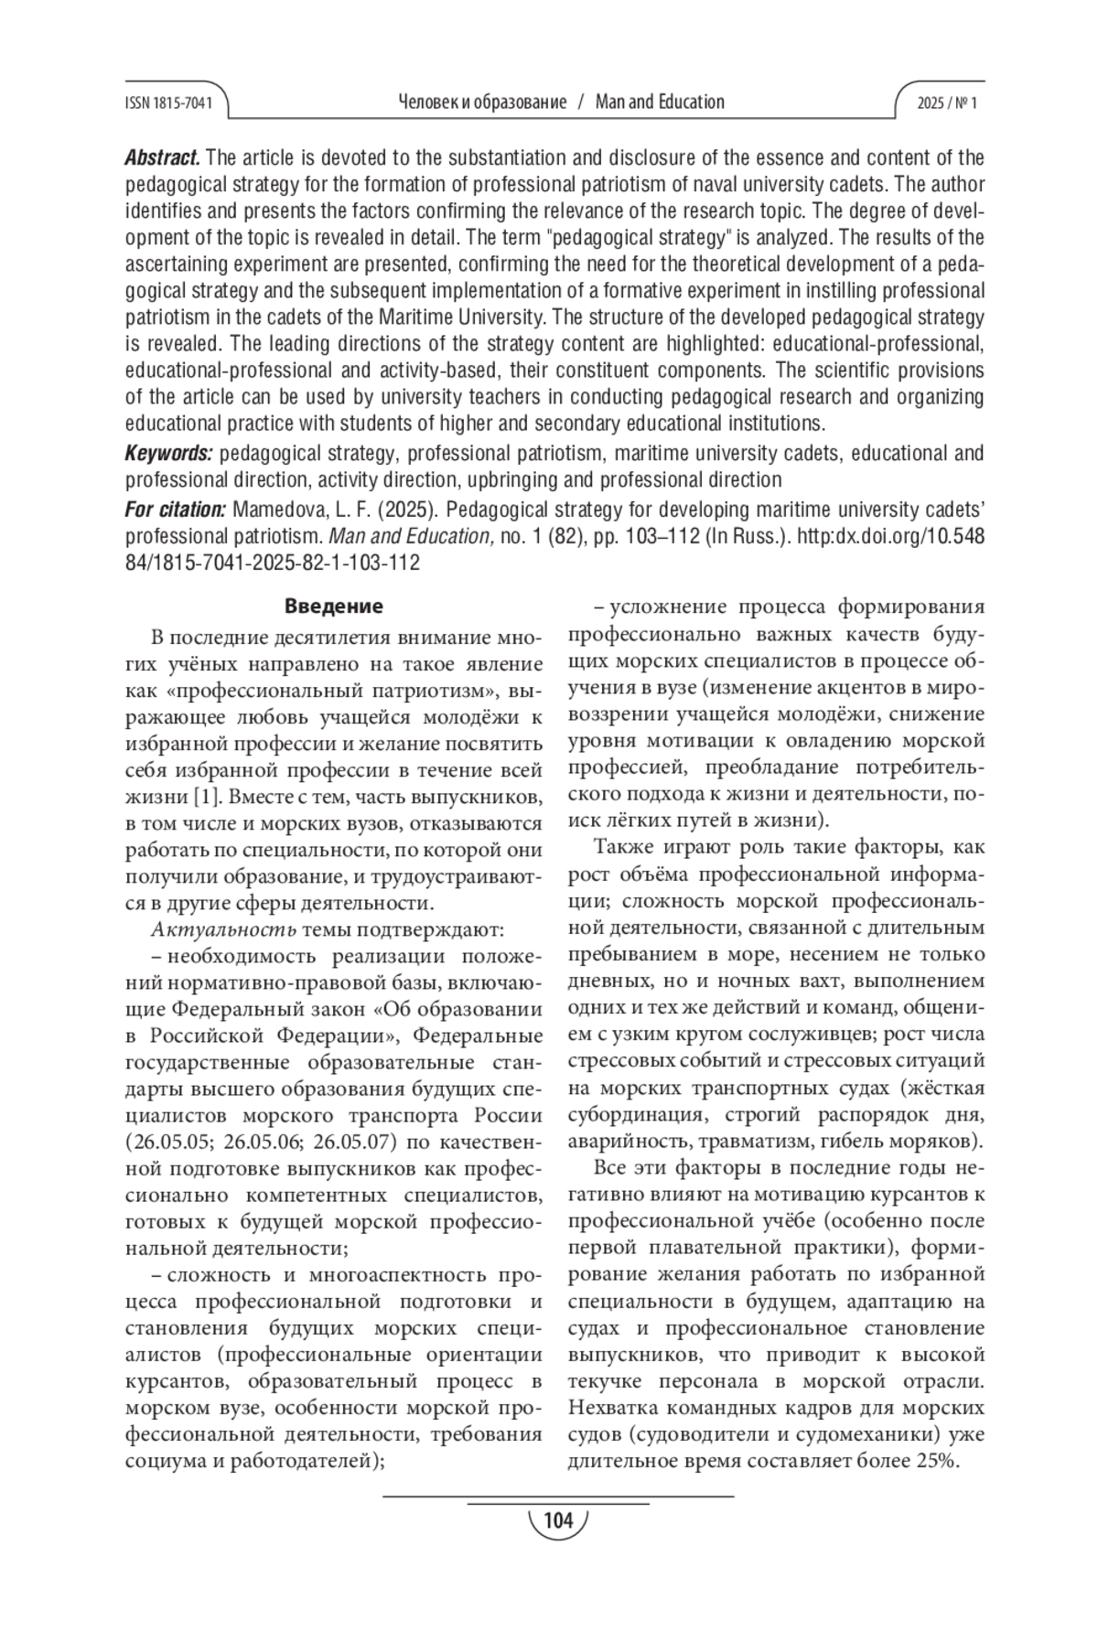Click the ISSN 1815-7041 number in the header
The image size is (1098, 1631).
(x=168, y=103)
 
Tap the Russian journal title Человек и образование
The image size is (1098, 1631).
(x=483, y=102)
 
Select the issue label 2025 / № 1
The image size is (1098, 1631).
(x=947, y=103)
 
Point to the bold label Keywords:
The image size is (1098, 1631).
(x=168, y=453)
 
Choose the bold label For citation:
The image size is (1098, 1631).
(x=175, y=509)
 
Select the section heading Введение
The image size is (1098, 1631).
(x=333, y=606)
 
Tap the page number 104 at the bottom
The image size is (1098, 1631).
(x=557, y=1520)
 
